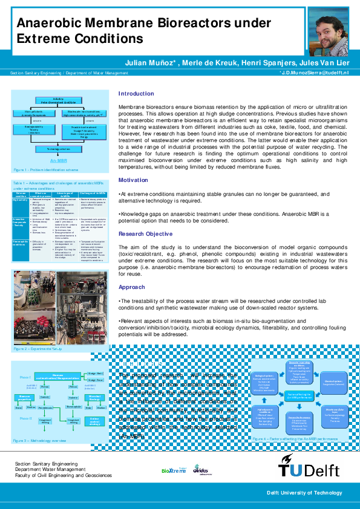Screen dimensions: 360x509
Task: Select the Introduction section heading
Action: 136,94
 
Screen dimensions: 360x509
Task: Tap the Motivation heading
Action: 133,180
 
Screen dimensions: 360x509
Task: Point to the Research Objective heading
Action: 145,233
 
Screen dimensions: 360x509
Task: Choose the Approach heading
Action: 131,287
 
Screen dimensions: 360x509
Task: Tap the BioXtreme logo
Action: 174,470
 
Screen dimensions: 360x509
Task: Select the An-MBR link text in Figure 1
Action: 59,161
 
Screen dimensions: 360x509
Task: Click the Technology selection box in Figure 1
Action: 59,148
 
